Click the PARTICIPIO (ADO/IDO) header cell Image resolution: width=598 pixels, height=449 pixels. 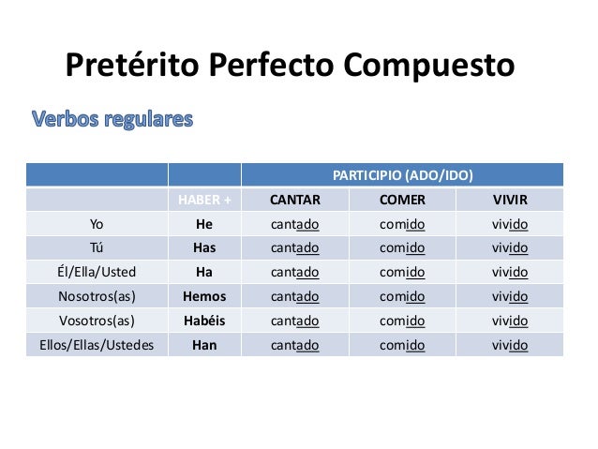(402, 175)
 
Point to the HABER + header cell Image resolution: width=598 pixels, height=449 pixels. (203, 200)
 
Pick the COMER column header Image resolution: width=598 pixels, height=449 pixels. (402, 200)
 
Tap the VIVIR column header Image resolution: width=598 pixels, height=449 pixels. (510, 200)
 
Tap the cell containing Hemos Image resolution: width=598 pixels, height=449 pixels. (203, 296)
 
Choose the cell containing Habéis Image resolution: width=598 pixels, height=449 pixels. (203, 321)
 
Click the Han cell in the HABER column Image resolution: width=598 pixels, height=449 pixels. (203, 345)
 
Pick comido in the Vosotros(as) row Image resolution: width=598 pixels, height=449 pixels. (402, 321)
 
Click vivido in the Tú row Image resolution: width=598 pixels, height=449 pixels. (510, 248)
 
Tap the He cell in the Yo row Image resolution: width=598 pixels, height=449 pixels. (203, 224)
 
